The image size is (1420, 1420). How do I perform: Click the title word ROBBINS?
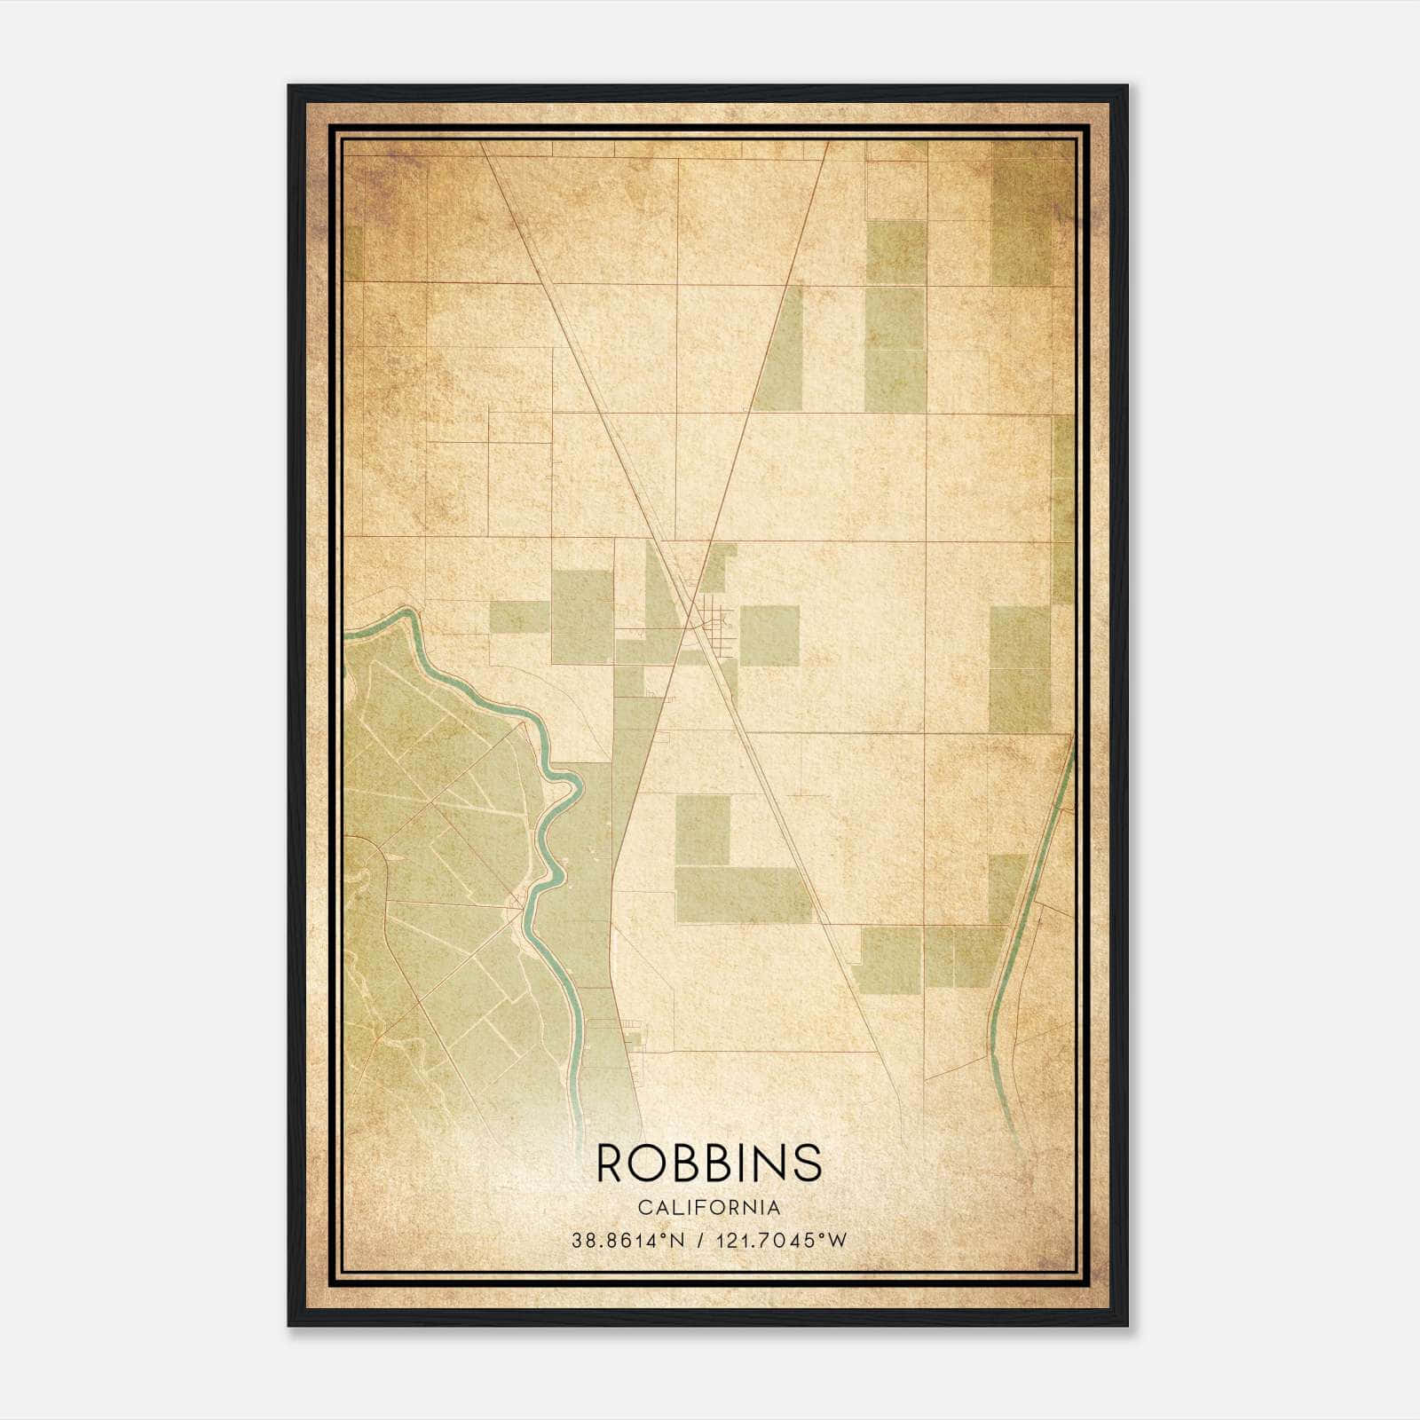pos(709,1163)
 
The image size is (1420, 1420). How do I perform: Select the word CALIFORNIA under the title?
pos(709,1208)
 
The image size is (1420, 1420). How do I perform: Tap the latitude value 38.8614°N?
pos(628,1241)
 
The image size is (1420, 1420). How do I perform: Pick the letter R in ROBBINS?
pos(611,1163)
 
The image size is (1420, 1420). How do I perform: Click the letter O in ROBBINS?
pos(646,1163)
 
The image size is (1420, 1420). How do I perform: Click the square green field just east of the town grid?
pos(769,635)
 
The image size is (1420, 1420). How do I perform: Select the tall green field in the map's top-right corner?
pos(1021,213)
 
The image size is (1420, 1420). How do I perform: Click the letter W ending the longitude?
pos(839,1241)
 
